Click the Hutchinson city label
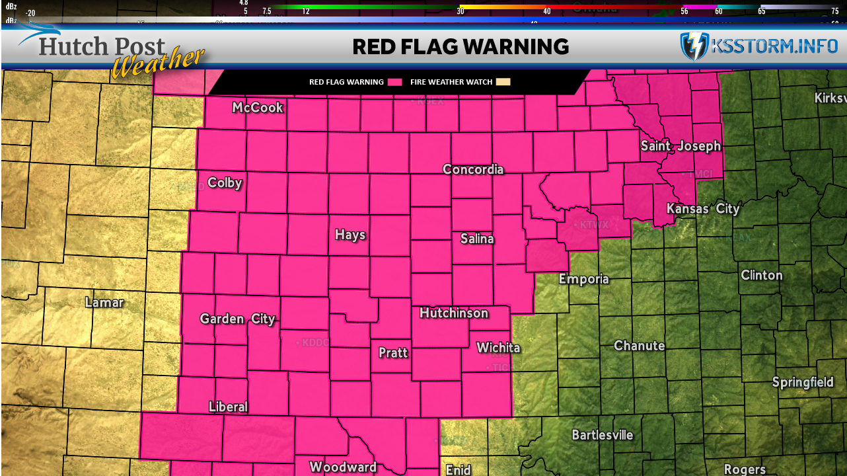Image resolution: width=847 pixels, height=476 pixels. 454,313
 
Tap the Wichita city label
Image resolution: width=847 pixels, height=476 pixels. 498,347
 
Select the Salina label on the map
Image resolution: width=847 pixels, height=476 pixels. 476,239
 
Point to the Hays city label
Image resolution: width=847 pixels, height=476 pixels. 350,235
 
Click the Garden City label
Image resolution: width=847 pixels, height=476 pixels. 237,319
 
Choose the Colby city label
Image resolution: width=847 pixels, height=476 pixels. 225,182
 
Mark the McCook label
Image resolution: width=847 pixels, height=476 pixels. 257,107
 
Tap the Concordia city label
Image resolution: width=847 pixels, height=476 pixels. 473,169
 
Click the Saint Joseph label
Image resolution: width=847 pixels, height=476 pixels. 681,146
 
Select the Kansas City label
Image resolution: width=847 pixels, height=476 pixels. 703,209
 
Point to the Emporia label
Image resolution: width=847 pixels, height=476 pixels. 583,278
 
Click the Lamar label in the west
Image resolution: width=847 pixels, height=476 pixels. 104,302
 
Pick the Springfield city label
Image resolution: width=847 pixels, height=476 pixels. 803,382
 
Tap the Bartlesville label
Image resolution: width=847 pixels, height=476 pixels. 602,434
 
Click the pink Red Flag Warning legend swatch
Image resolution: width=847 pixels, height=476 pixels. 395,82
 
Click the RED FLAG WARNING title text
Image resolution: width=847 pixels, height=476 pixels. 460,46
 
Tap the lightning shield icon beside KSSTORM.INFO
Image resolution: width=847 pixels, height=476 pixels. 694,46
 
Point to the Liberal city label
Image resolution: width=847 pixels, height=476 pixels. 228,406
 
